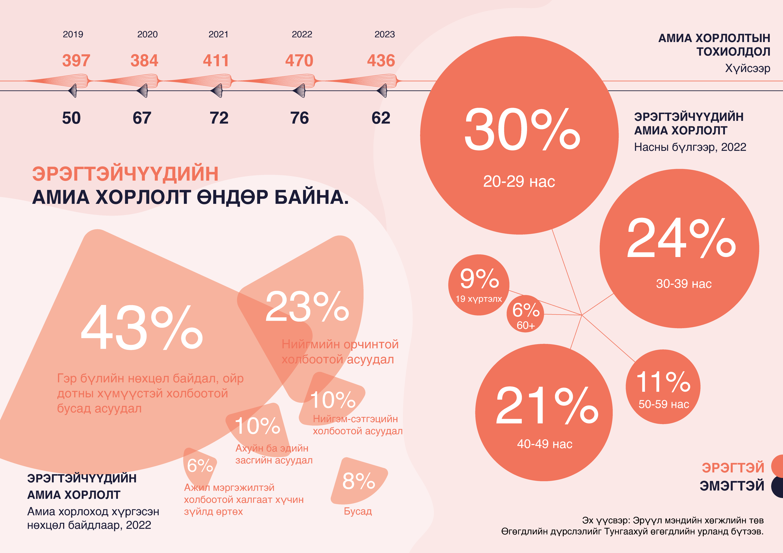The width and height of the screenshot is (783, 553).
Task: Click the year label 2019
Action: [73, 34]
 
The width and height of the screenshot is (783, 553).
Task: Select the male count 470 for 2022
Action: [299, 61]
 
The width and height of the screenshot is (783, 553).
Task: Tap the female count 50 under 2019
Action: [71, 118]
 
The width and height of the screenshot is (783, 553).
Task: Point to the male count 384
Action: [144, 61]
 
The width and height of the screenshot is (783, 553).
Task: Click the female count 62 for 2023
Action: [381, 118]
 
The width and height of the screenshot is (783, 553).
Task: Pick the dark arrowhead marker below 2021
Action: [217, 91]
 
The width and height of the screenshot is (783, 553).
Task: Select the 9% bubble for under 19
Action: [479, 285]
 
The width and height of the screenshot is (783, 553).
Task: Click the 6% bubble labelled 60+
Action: [525, 314]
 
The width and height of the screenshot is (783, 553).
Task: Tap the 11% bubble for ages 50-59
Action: [663, 387]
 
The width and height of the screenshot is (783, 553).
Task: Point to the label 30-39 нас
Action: [684, 284]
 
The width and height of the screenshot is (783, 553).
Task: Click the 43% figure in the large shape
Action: [142, 328]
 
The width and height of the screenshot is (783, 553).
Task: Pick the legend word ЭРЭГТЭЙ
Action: [733, 467]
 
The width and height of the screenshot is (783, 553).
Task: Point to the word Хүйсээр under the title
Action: [747, 69]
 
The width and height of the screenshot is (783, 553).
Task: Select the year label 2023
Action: [385, 34]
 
